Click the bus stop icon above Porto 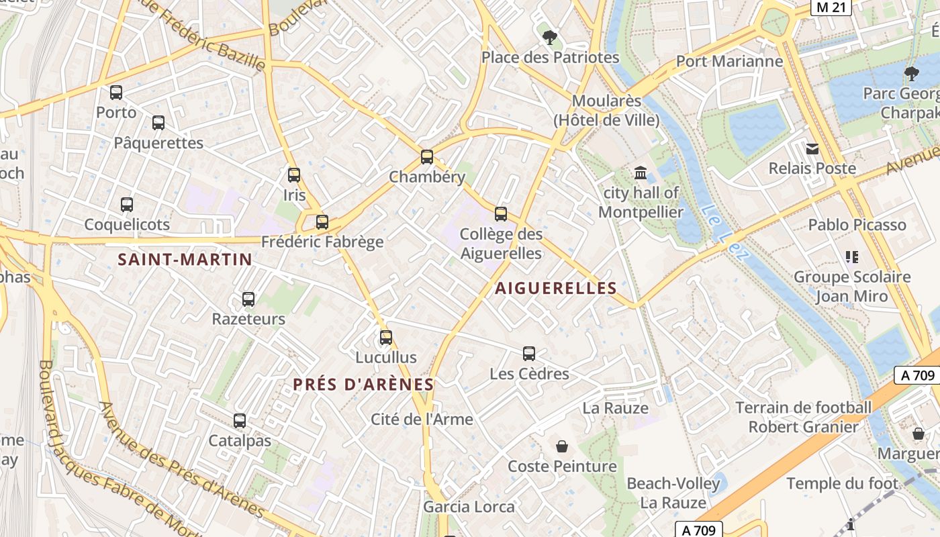pyautogui.click(x=116, y=93)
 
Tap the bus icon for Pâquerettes pyautogui.click(x=158, y=123)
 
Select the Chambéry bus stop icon pyautogui.click(x=427, y=157)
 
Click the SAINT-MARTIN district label pyautogui.click(x=185, y=260)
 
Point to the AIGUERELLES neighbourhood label pyautogui.click(x=556, y=289)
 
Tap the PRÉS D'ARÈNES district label pyautogui.click(x=363, y=385)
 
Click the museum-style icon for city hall pyautogui.click(x=641, y=173)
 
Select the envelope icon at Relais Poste pyautogui.click(x=812, y=148)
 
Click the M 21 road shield pyautogui.click(x=831, y=7)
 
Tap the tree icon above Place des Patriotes pyautogui.click(x=550, y=37)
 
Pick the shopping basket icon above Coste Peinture pyautogui.click(x=562, y=446)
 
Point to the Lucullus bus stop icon pyautogui.click(x=386, y=337)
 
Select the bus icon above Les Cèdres pyautogui.click(x=529, y=354)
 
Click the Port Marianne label pyautogui.click(x=729, y=61)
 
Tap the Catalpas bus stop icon pyautogui.click(x=240, y=421)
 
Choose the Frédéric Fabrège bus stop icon pyautogui.click(x=322, y=222)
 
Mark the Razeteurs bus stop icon pyautogui.click(x=248, y=299)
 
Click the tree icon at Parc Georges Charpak pyautogui.click(x=911, y=73)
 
